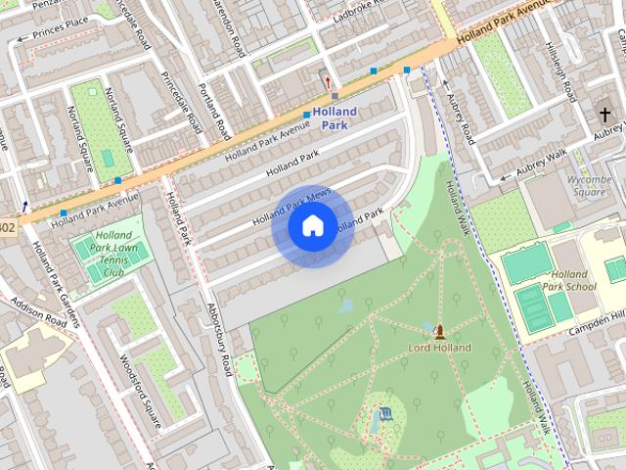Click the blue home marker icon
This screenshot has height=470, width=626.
[x=311, y=226]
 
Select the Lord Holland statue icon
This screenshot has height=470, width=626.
[x=439, y=331]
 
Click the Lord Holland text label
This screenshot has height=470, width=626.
[x=439, y=348]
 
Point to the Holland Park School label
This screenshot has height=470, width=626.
[x=569, y=281]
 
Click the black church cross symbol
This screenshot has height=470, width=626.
[x=605, y=115]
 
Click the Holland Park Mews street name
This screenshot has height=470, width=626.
[x=291, y=208]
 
